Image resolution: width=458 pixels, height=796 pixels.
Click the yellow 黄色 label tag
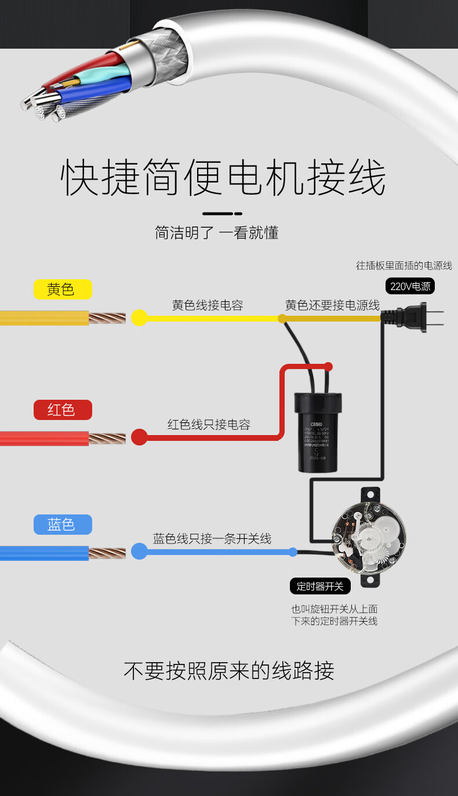pos(61,289)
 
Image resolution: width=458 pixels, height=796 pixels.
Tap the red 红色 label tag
pos(61,410)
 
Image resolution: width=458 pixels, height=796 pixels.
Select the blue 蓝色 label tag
pos(61,524)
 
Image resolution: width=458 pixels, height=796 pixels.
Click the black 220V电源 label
pos(410,286)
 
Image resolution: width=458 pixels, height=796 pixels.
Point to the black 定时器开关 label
pos(320,586)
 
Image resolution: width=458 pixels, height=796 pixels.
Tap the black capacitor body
pos(317,431)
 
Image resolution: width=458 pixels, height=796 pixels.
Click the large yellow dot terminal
pos(139,317)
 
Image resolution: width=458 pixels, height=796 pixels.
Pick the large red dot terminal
pos(139,437)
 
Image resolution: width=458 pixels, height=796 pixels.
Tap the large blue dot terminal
pos(139,551)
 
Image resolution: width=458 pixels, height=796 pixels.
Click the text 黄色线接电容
pos(208,305)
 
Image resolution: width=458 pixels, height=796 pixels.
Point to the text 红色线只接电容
pos(209,425)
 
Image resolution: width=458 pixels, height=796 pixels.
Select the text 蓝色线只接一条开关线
pos(212,538)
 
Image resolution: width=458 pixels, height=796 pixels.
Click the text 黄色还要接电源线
pos(332,305)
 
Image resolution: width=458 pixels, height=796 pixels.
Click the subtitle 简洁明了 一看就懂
pos(217,233)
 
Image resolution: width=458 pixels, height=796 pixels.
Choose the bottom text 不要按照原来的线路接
pos(229,670)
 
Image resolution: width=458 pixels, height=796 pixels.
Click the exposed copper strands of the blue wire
pos(107,553)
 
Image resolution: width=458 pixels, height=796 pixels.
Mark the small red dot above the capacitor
pos(328,366)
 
